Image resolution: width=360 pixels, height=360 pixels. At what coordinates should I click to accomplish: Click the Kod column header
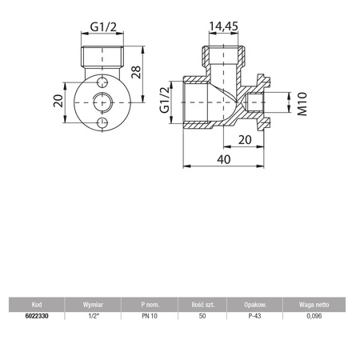(x=37, y=305)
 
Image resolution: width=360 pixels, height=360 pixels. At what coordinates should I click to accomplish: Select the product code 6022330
(x=37, y=316)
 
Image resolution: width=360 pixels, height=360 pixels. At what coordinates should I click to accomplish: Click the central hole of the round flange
(x=101, y=102)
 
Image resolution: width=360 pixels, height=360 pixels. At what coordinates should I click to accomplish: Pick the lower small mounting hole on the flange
(x=101, y=121)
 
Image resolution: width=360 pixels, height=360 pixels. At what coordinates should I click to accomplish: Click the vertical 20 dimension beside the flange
(x=57, y=102)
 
